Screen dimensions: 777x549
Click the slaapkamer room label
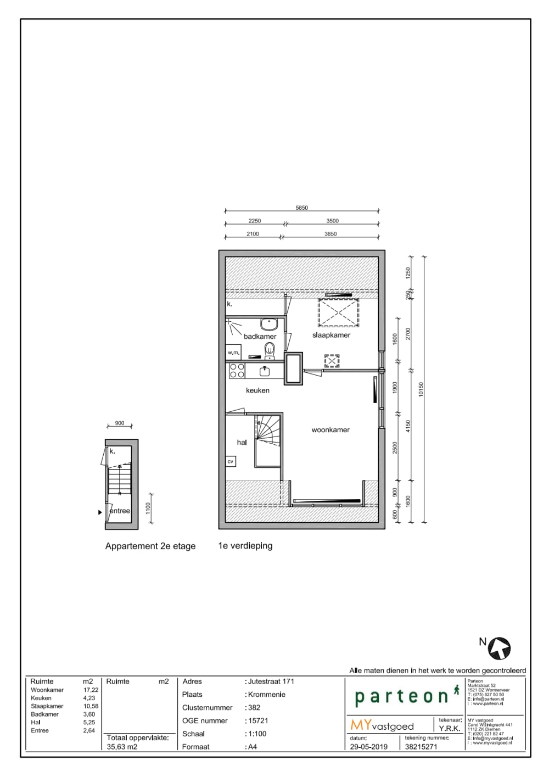(x=331, y=335)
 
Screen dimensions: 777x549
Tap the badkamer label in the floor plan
(x=260, y=337)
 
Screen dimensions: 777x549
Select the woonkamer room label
(x=330, y=430)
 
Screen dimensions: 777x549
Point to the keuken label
(x=257, y=390)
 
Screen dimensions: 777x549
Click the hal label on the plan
(x=242, y=443)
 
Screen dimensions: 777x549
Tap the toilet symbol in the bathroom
(x=270, y=349)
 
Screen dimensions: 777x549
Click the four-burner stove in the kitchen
(x=237, y=371)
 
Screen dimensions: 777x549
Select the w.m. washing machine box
(x=233, y=353)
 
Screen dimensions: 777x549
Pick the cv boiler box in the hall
(x=231, y=462)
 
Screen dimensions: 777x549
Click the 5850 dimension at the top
(x=302, y=208)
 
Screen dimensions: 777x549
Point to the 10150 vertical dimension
(x=421, y=389)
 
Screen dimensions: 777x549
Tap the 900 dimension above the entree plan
(x=120, y=423)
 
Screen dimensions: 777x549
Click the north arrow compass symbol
(x=499, y=649)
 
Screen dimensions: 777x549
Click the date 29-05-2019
(x=369, y=747)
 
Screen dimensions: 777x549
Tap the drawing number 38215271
(x=421, y=747)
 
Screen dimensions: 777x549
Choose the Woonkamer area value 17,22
(x=91, y=690)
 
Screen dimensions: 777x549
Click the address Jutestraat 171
(x=271, y=681)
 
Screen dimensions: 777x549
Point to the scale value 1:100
(x=257, y=734)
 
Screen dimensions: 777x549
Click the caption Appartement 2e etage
(x=150, y=546)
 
